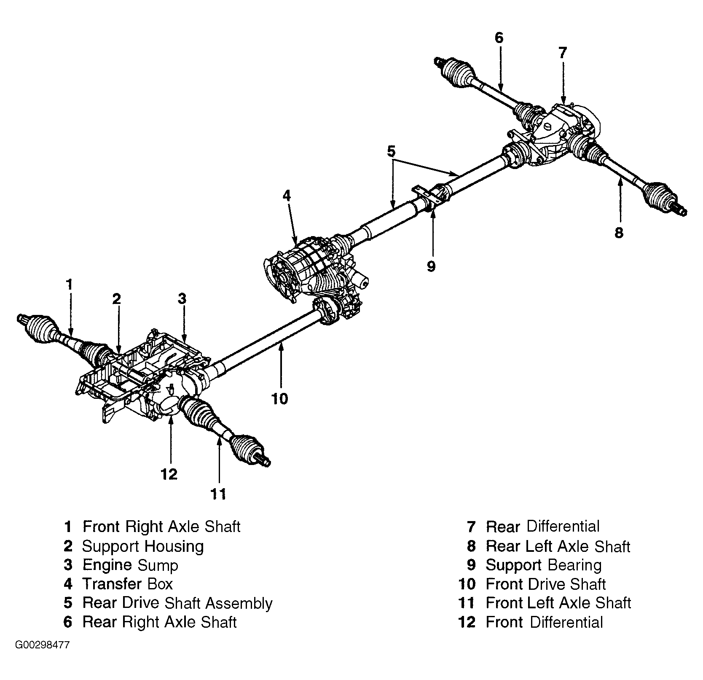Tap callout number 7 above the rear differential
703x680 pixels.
563,53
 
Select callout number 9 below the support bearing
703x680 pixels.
431,266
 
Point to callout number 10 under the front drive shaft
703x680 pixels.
279,398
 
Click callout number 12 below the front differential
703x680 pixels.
169,474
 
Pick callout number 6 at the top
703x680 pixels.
499,38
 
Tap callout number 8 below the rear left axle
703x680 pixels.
619,233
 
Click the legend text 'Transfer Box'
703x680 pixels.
128,584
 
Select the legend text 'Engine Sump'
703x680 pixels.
130,565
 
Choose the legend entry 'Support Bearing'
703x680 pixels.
544,565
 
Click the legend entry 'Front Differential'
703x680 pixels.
545,622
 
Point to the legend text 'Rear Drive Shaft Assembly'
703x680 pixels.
177,603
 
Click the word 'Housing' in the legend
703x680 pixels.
174,547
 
